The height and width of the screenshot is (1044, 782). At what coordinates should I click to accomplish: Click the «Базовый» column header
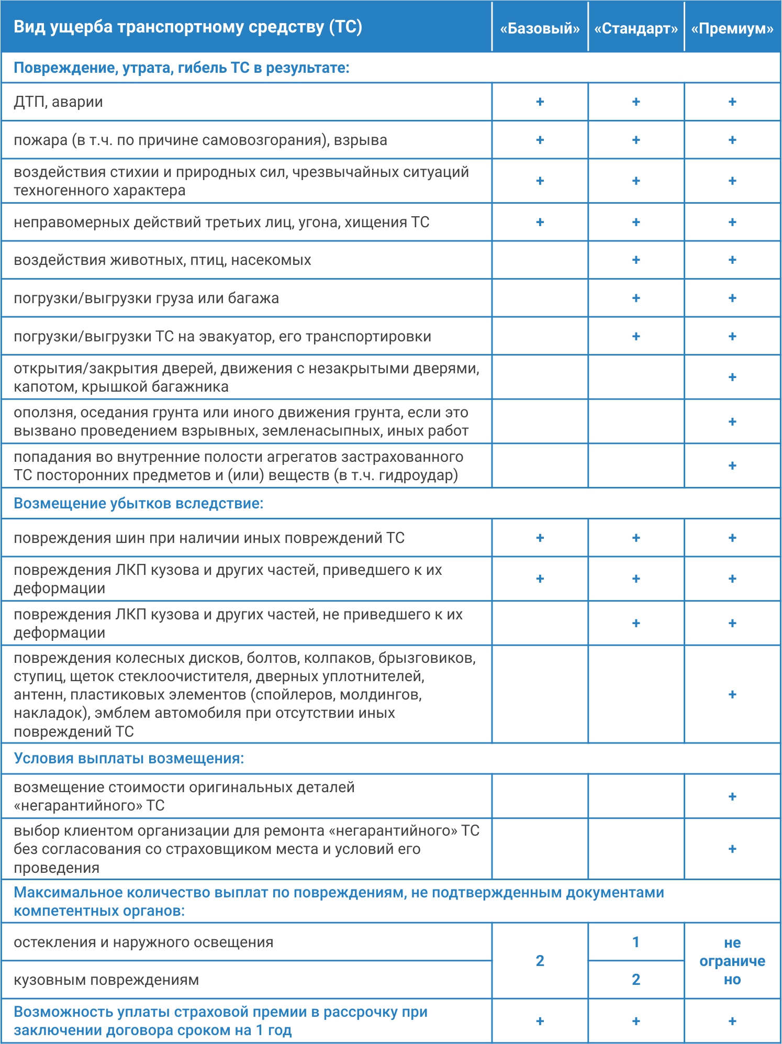click(x=540, y=28)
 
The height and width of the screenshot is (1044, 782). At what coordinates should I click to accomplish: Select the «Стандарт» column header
click(x=636, y=28)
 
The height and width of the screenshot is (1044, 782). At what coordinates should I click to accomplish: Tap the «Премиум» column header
click(x=732, y=28)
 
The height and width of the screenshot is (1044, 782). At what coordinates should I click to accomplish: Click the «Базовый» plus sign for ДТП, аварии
click(x=540, y=102)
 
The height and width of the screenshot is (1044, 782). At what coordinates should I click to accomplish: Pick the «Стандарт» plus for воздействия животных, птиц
click(x=636, y=260)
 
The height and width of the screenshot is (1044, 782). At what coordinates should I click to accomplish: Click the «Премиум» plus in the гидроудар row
click(x=732, y=465)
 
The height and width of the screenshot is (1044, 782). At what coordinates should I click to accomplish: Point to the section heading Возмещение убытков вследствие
click(x=138, y=503)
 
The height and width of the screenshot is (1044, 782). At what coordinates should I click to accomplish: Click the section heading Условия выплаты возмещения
click(x=129, y=758)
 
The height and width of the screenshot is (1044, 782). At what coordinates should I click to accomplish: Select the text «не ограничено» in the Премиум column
click(x=732, y=961)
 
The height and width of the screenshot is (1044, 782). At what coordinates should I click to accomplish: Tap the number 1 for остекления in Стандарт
click(x=636, y=942)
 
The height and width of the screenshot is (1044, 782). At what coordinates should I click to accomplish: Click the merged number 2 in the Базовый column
click(x=540, y=961)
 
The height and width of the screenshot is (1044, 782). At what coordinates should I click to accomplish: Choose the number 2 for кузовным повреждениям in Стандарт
click(x=636, y=980)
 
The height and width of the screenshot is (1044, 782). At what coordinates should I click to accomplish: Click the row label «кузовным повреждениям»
click(x=106, y=980)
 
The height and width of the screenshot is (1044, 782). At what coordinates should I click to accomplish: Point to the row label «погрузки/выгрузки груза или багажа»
click(x=146, y=298)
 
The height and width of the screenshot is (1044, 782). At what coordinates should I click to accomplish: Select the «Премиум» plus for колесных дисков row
click(x=732, y=694)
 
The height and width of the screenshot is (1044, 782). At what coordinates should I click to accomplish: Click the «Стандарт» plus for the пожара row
click(x=636, y=140)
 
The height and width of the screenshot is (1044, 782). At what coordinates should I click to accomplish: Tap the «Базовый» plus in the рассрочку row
click(x=540, y=1021)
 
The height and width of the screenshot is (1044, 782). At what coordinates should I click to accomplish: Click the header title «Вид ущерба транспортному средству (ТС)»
click(x=188, y=27)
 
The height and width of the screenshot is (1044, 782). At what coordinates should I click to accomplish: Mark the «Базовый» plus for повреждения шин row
click(x=540, y=538)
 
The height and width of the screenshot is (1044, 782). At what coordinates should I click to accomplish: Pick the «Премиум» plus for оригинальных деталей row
click(x=732, y=796)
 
